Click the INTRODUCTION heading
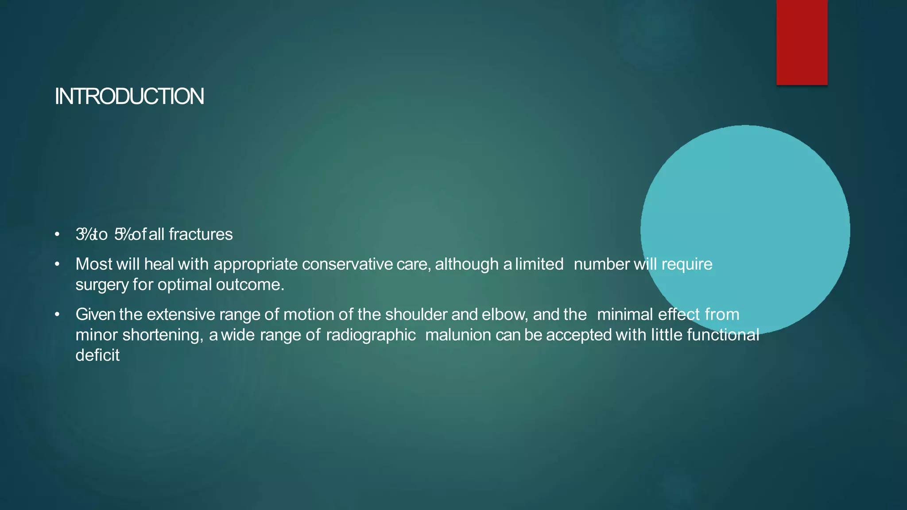(129, 97)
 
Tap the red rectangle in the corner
(802, 42)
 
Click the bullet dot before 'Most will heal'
(57, 264)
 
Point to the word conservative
(347, 264)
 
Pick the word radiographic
(371, 335)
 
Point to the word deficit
(97, 355)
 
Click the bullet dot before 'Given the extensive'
(57, 314)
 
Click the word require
(687, 264)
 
